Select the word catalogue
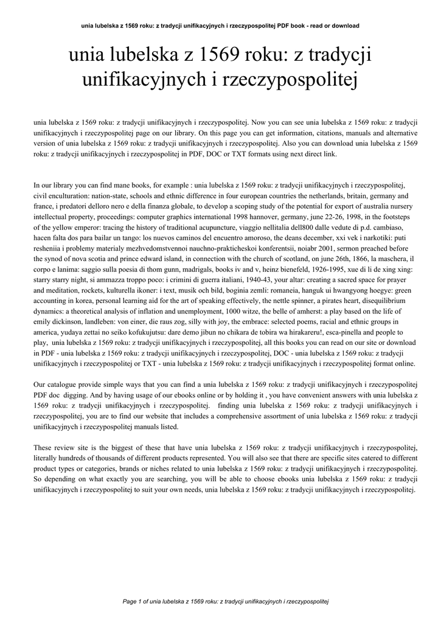pyautogui.click(x=64, y=386)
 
